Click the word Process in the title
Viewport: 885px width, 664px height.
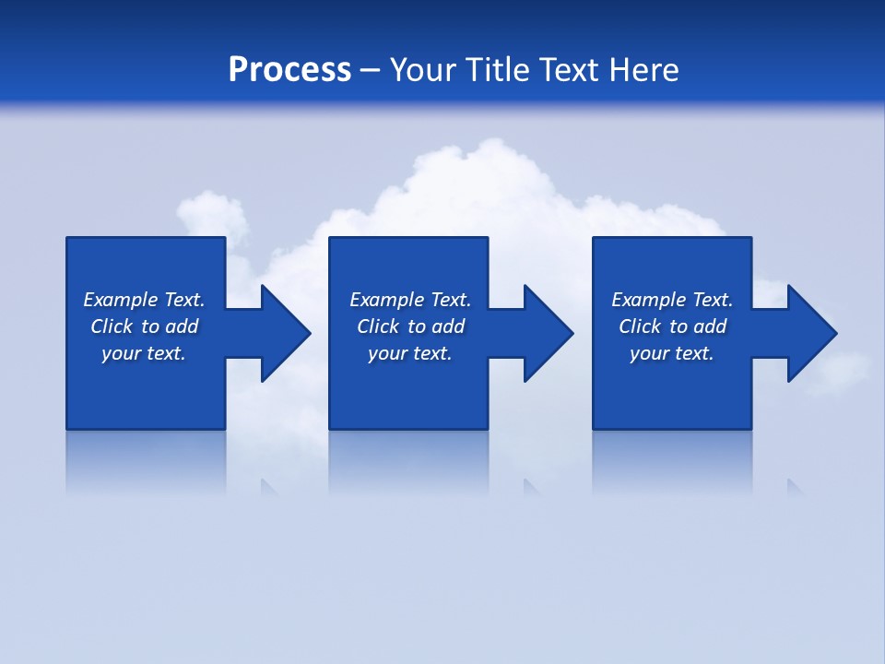[x=289, y=70]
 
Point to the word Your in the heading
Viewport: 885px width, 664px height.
[x=422, y=70]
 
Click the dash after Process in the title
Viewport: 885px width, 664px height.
[x=371, y=71]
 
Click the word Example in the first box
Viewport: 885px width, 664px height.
[x=121, y=300]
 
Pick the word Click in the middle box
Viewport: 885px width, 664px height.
[x=378, y=326]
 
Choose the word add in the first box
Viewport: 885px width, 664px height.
[x=183, y=326]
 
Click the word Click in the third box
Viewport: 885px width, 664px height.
[x=640, y=326]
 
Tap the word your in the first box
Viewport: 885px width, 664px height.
[x=120, y=353]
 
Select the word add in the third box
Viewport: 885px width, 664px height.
[x=711, y=326]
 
